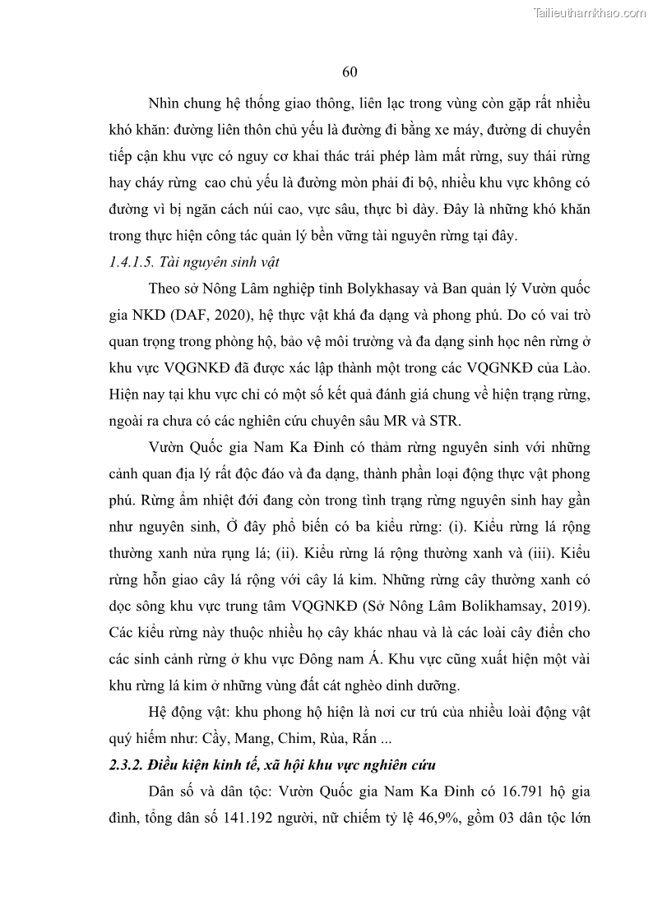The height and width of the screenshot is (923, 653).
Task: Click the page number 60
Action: point(349,72)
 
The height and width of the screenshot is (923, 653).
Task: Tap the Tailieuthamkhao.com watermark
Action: point(590,12)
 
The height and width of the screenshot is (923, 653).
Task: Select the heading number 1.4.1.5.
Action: point(132,262)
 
